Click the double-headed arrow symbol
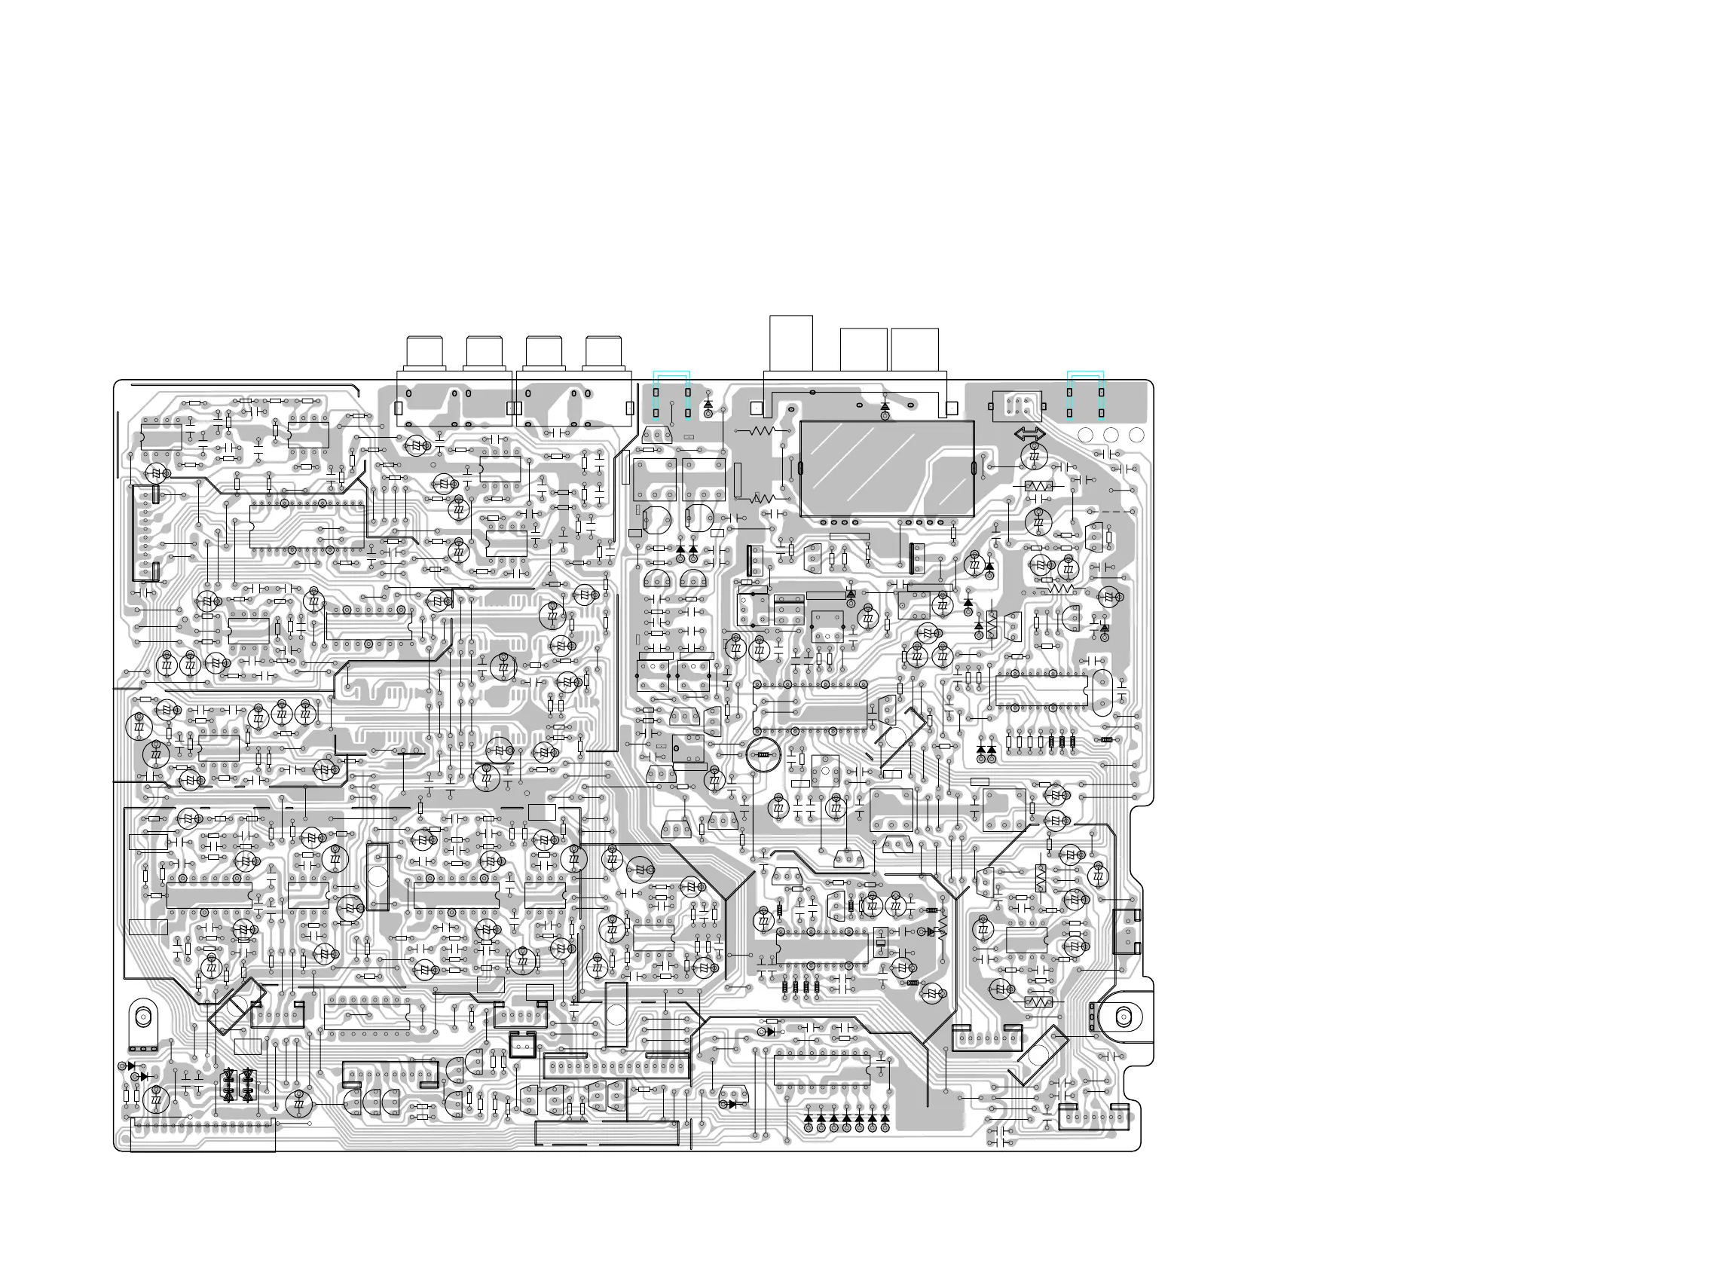[x=1029, y=434]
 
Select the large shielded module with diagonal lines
[x=887, y=469]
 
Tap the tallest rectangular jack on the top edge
[x=791, y=344]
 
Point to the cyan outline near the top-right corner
[x=1085, y=395]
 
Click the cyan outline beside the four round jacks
[x=671, y=395]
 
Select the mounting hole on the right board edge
[x=1123, y=1018]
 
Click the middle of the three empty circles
[x=1111, y=435]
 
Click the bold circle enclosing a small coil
[x=763, y=756]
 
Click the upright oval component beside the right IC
[x=1102, y=687]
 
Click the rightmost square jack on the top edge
[x=915, y=350]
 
